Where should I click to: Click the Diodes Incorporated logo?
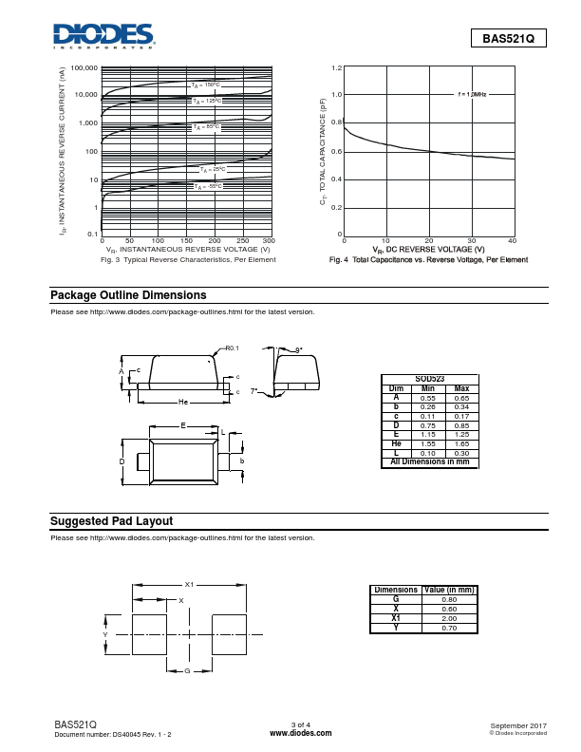[104, 35]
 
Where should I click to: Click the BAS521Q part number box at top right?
[509, 39]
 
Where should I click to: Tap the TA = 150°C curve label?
[205, 85]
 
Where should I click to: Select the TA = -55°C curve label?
[207, 186]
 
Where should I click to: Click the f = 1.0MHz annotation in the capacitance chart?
[472, 95]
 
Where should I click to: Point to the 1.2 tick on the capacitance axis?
[336, 68]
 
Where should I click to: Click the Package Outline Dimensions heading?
[127, 295]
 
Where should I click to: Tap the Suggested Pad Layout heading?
[111, 521]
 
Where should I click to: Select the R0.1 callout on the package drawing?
[233, 348]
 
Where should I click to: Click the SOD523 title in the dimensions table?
[429, 379]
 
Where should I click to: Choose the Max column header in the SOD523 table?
[461, 388]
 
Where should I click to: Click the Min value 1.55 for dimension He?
[428, 444]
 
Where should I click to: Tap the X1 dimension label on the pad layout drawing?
[189, 585]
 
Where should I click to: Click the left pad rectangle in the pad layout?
[148, 633]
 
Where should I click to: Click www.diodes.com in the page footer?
[301, 734]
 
